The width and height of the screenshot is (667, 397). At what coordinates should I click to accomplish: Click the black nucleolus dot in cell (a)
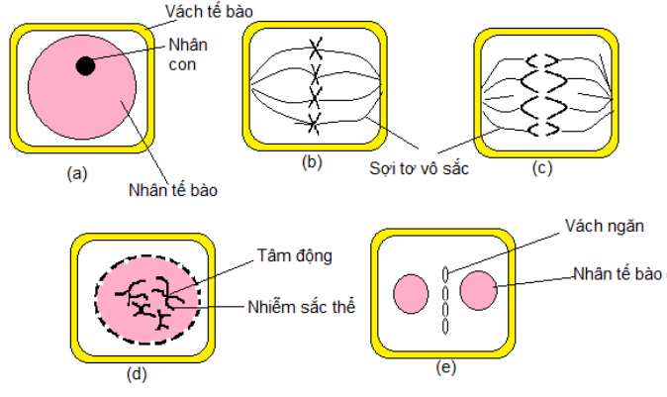85,65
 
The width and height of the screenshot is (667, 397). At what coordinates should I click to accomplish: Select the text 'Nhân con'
190,55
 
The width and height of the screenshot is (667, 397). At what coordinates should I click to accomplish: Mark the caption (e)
445,367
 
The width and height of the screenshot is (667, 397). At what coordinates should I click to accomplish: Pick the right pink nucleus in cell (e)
478,291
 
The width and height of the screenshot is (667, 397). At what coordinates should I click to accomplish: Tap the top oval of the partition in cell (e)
446,273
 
